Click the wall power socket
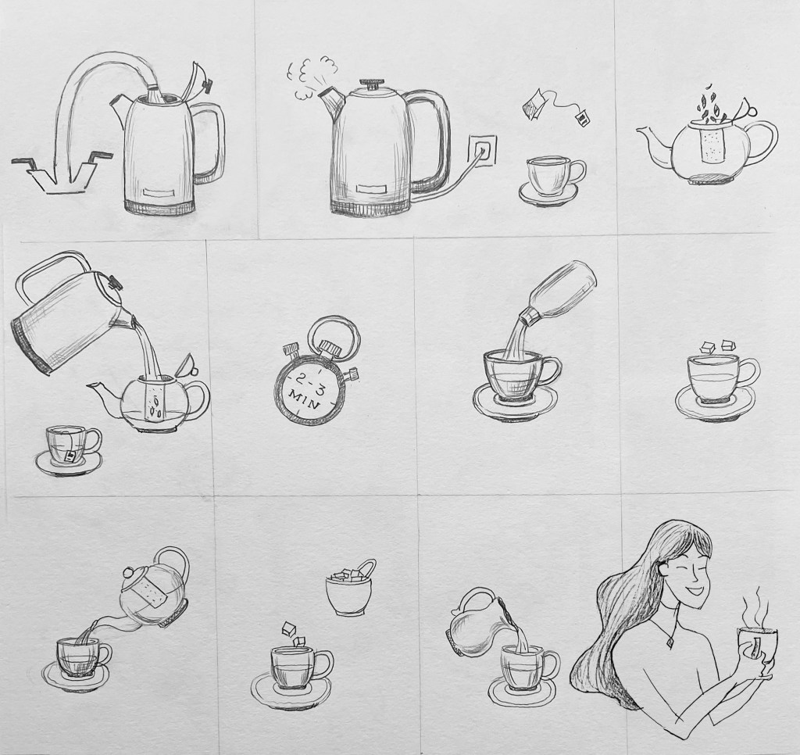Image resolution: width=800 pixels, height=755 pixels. coord(481,149)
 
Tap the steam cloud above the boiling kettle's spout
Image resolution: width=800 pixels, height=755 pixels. coord(311,79)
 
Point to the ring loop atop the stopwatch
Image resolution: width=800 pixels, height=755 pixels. coord(335,334)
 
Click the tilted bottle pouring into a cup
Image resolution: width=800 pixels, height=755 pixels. coord(562,294)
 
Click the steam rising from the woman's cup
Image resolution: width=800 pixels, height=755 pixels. coord(756,607)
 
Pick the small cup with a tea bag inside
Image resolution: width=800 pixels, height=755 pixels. coord(70,449)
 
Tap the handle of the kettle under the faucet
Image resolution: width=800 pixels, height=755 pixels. coord(209,141)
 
